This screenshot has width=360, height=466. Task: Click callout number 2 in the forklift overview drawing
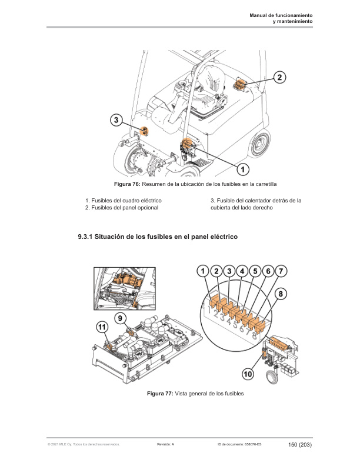[281, 77]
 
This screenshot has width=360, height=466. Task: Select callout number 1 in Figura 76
[241, 169]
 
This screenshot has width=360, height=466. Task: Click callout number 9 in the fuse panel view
[120, 318]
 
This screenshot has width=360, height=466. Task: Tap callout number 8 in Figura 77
[281, 292]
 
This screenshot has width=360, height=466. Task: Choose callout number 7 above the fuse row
[282, 271]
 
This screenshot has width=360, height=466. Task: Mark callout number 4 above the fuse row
[242, 271]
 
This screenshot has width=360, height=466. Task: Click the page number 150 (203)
[300, 444]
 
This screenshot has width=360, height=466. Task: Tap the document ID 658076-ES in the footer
[248, 445]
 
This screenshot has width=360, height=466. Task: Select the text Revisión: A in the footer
[166, 445]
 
